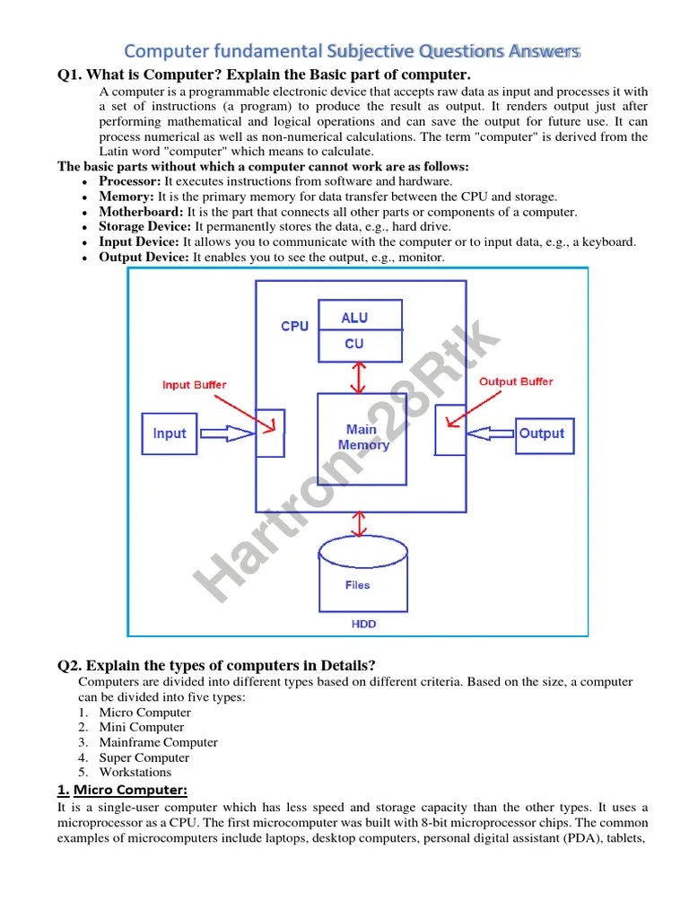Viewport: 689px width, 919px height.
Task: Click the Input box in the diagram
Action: coord(169,433)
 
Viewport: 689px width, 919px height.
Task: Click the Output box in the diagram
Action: coord(542,433)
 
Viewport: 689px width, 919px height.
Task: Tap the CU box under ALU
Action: coord(354,344)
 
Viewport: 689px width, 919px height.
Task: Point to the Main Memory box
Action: coord(362,438)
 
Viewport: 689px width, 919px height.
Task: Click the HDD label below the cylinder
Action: coord(363,624)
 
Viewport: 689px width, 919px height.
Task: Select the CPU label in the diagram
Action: coord(294,327)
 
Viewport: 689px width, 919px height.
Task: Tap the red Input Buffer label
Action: coord(194,385)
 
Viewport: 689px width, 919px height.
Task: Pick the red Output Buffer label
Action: coord(516,381)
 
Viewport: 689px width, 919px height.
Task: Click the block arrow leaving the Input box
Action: coord(227,433)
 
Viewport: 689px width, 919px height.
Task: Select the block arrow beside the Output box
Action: coord(490,433)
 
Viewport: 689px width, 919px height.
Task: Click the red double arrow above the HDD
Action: coord(361,523)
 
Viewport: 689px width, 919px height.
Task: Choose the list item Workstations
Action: coord(135,772)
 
